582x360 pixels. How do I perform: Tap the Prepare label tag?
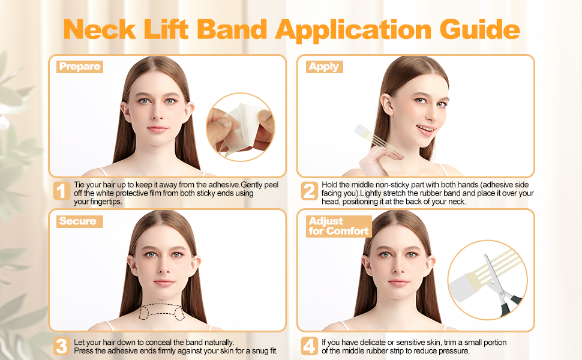[x=80, y=67]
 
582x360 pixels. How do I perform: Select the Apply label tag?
[x=324, y=67]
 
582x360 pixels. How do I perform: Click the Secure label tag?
[x=78, y=221]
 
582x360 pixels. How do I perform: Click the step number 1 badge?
[x=61, y=191]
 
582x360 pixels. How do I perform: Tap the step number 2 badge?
[x=309, y=191]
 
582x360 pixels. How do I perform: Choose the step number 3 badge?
[x=61, y=346]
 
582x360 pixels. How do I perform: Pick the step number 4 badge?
[x=309, y=346]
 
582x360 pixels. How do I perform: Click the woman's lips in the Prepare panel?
[x=157, y=129]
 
